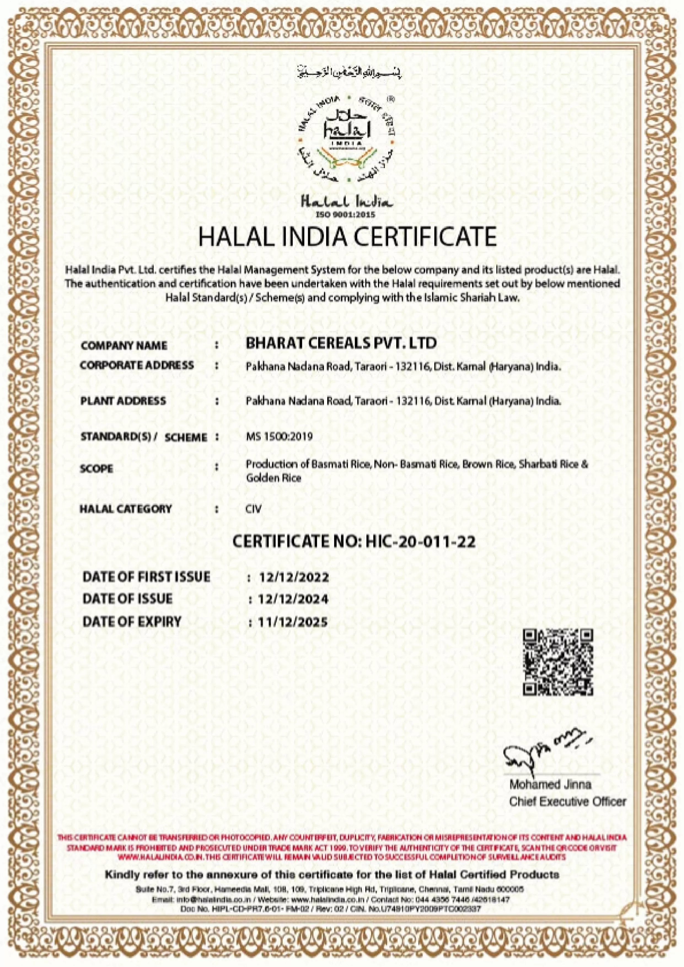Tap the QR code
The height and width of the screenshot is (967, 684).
click(x=558, y=662)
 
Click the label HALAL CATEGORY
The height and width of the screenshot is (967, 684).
click(x=126, y=509)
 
